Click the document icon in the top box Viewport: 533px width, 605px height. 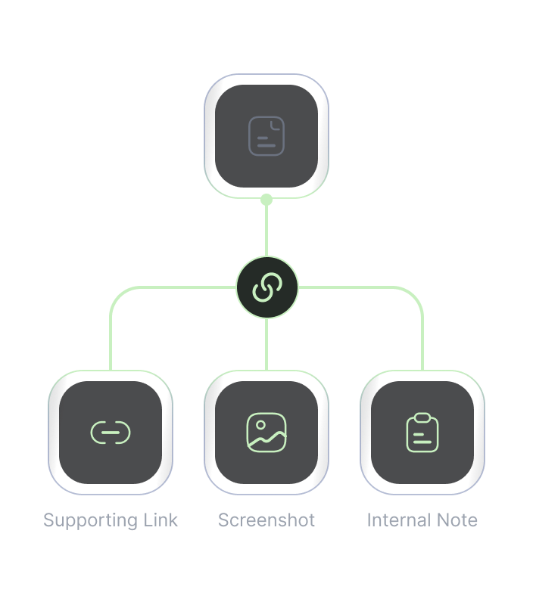tap(266, 136)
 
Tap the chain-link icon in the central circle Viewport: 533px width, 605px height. tap(267, 287)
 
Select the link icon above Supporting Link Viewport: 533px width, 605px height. tap(111, 433)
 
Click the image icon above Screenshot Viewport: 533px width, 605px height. tap(266, 433)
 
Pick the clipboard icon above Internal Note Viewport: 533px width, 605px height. tap(422, 433)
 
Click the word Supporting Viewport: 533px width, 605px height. tap(90, 521)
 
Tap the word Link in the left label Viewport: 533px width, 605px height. tap(161, 520)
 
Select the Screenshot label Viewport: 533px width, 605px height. tap(266, 520)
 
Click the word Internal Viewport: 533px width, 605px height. tap(398, 520)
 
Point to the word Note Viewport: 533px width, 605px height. tap(457, 520)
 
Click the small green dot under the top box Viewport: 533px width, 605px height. tap(266, 200)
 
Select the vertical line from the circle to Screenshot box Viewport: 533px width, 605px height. tap(266, 344)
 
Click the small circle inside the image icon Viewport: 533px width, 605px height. tap(260, 425)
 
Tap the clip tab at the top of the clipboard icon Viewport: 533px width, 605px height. tap(422, 417)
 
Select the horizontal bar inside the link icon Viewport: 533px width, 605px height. tap(111, 433)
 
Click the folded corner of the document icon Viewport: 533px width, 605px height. tap(276, 125)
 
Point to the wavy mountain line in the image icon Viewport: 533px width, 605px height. tap(266, 440)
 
